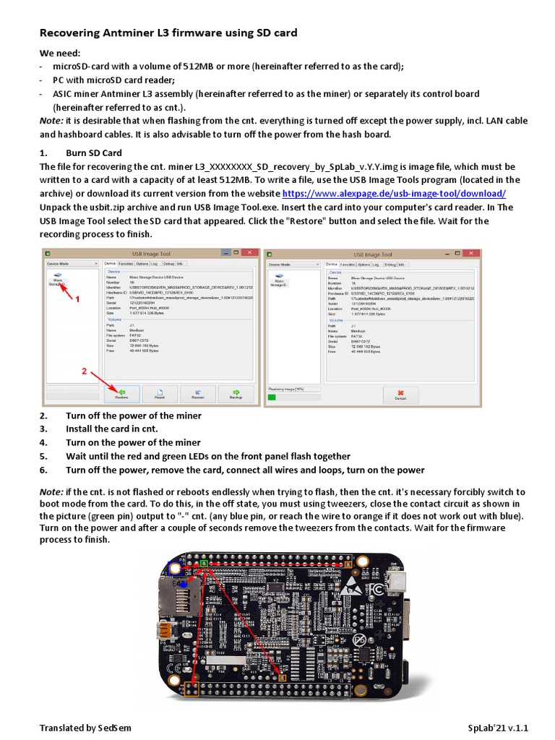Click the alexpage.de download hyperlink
393,194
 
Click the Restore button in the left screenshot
121,394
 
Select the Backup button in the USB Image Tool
236,394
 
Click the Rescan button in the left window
197,394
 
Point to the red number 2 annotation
84,371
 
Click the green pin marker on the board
204,563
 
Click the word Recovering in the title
73,33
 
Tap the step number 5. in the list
43,456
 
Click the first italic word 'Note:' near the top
51,120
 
